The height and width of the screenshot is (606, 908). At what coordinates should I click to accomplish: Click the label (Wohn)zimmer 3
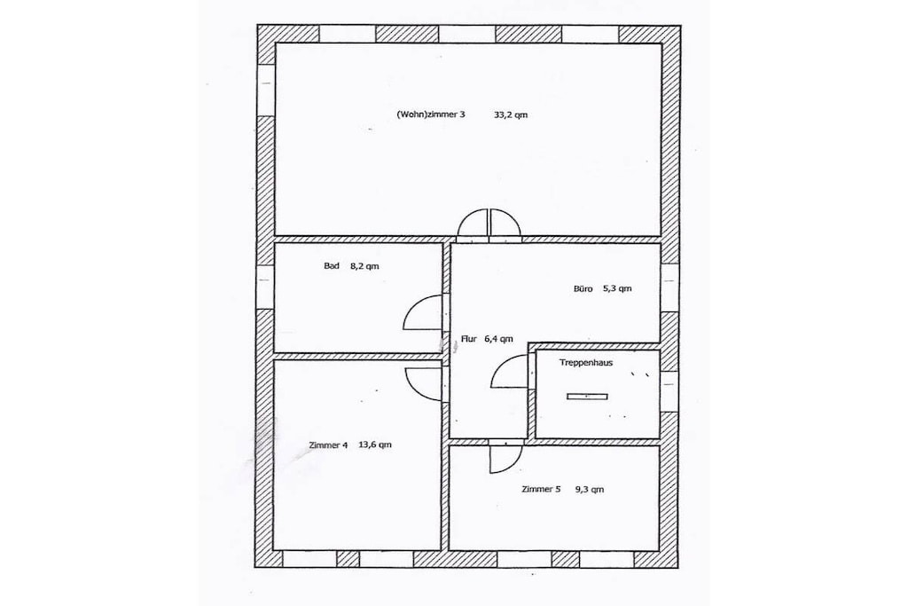coord(431,114)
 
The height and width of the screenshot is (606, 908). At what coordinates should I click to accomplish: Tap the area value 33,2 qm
coord(511,114)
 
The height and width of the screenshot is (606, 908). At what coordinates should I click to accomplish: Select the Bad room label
coord(332,266)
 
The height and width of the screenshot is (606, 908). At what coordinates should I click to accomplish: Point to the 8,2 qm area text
coord(364,266)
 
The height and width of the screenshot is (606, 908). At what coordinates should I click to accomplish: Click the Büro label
coord(583,288)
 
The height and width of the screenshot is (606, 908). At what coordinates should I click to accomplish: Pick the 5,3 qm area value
coord(617,288)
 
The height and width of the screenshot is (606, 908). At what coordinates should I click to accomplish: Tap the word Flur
coord(469,339)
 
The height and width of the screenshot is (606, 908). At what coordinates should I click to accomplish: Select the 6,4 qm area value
coord(498,339)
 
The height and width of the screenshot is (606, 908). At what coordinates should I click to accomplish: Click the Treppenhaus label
coord(586,363)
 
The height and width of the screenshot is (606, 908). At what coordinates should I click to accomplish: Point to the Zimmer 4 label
coord(328,445)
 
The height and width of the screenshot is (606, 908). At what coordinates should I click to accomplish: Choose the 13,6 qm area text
coord(375,445)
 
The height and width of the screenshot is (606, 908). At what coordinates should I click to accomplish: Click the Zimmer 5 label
coord(541,489)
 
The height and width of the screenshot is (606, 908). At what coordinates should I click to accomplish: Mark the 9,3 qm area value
coord(590,489)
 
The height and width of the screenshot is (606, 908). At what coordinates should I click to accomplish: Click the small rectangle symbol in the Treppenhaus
coord(587,397)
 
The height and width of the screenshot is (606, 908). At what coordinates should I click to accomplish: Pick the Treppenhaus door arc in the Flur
coord(498,365)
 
